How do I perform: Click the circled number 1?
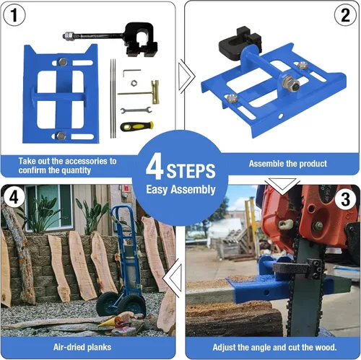[14, 15]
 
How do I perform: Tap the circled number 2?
[345, 15]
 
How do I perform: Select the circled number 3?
[346, 199]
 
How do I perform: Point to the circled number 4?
[14, 197]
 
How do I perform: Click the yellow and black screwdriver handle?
[136, 126]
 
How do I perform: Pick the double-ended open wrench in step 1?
[136, 110]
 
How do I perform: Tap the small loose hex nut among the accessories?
[134, 83]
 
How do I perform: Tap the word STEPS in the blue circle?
[191, 171]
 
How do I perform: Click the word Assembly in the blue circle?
[193, 190]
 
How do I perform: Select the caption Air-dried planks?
[82, 347]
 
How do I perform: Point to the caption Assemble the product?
[288, 164]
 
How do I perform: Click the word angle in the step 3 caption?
[261, 348]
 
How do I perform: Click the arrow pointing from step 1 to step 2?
[186, 76]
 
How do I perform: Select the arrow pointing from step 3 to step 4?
[172, 278]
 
